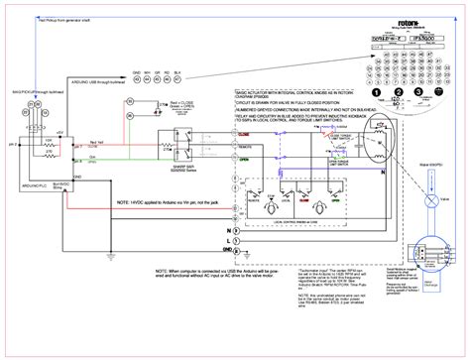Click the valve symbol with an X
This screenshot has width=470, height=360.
(427, 199)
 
